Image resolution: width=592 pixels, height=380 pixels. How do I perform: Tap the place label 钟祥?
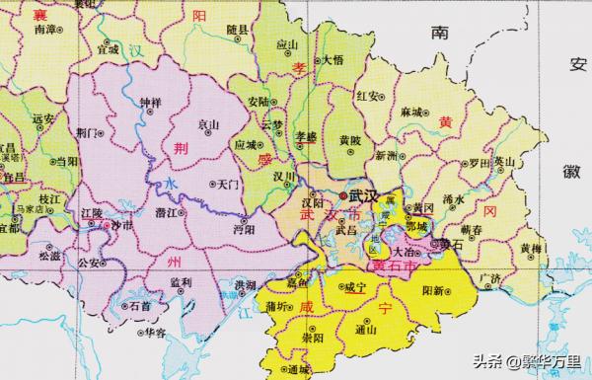tap(149, 102)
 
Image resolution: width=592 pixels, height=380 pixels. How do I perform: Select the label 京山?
tap(209, 125)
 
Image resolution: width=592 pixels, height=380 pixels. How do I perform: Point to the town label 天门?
tap(228, 185)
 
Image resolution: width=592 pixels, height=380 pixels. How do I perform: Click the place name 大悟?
tap(332, 60)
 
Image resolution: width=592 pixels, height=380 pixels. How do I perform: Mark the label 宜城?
tap(107, 47)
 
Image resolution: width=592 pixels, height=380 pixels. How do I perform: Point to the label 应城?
tap(246, 143)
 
